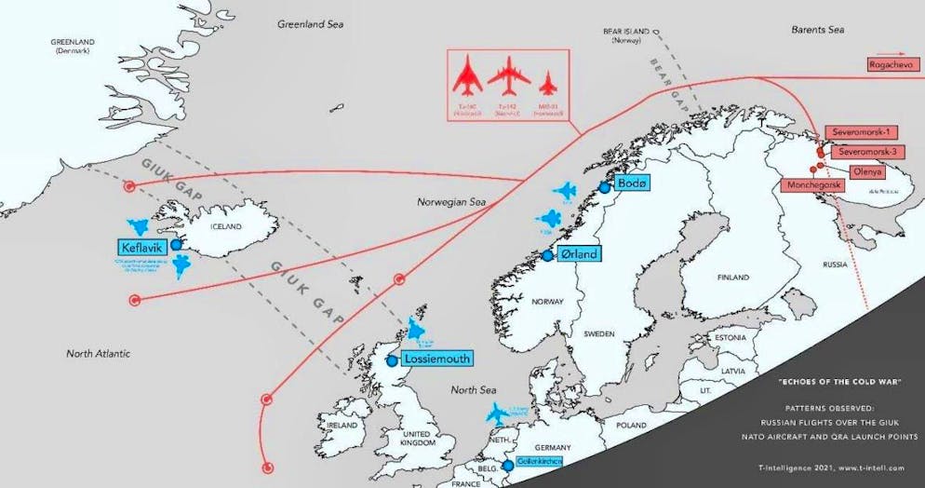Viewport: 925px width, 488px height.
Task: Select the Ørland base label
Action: click(x=577, y=253)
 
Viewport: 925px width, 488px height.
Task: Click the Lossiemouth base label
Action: click(x=436, y=359)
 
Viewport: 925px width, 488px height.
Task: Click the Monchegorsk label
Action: click(x=812, y=186)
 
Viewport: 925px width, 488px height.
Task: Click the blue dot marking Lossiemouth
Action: click(x=392, y=359)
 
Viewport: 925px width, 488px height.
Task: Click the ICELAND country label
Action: click(x=224, y=226)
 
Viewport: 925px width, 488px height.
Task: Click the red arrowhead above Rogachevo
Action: click(x=909, y=54)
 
